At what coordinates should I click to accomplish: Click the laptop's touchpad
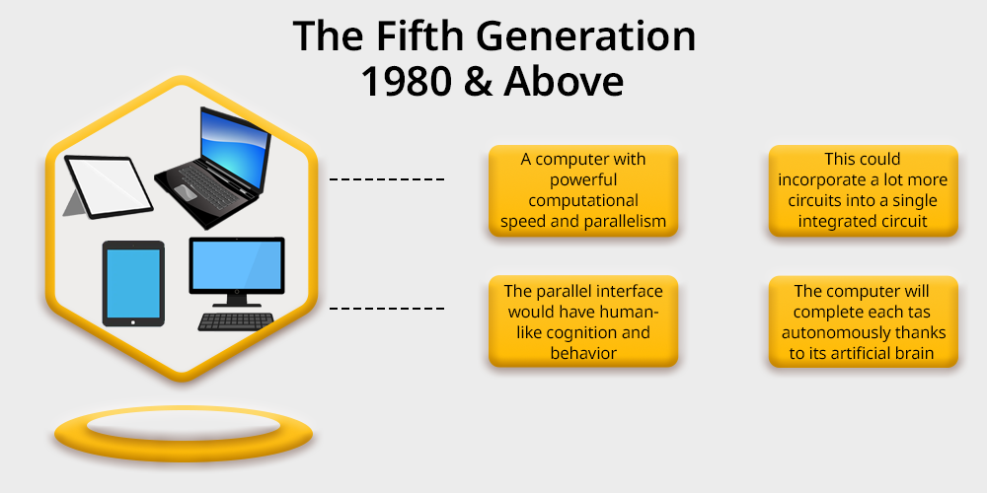tap(185, 191)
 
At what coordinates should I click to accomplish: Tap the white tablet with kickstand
tap(108, 186)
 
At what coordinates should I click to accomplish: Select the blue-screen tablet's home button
tap(133, 322)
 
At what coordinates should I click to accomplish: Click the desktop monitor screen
tap(237, 265)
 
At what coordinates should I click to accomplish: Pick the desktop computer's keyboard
tap(236, 321)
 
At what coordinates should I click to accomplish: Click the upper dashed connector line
tap(387, 179)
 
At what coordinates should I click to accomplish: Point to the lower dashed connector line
tap(387, 309)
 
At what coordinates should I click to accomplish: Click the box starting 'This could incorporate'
tap(863, 190)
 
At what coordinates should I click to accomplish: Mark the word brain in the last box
tap(915, 353)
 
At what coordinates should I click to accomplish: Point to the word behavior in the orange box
tap(583, 353)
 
